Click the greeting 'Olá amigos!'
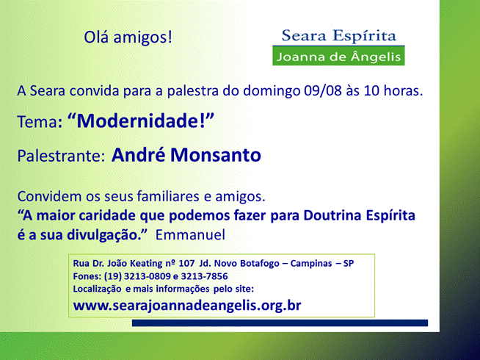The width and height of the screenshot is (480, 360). click(128, 37)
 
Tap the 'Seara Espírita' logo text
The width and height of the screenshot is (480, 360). click(339, 36)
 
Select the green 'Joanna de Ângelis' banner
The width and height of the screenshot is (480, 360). click(338, 56)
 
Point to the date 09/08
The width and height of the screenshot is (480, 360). click(323, 90)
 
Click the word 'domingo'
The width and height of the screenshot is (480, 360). click(272, 91)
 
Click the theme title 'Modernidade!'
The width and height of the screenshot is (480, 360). click(141, 120)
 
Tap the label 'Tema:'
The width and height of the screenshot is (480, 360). click(40, 122)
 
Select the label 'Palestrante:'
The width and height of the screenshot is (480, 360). click(61, 156)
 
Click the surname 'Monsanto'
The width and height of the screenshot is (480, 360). click(216, 155)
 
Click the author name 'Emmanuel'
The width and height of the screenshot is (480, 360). click(190, 234)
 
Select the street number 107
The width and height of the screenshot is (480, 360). click(186, 263)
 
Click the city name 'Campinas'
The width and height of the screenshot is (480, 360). click(311, 264)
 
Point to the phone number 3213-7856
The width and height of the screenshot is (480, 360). click(204, 276)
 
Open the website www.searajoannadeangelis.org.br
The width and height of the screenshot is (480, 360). click(187, 306)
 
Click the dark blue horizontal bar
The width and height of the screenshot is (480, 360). click(280, 323)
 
